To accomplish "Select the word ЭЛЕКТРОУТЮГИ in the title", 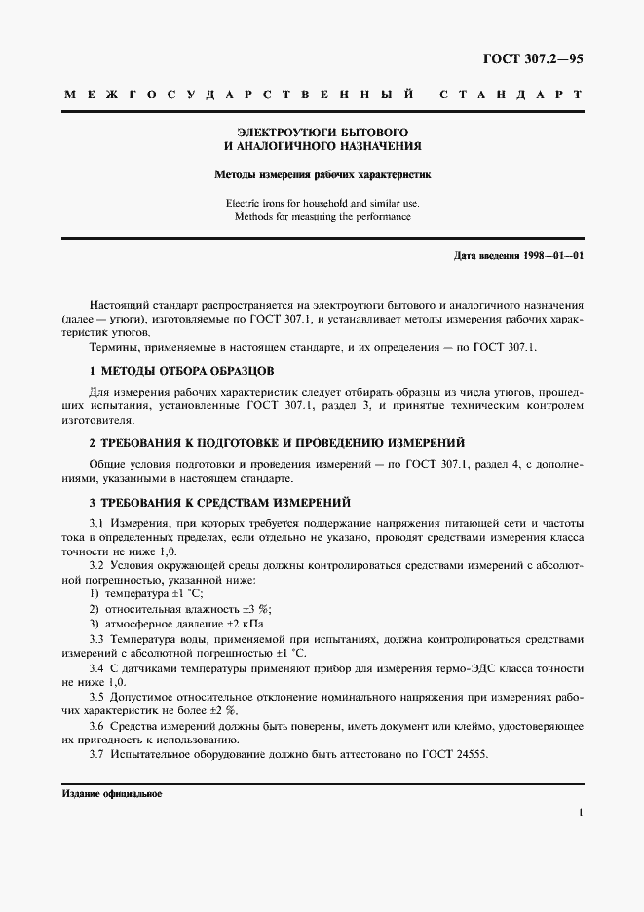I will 281,131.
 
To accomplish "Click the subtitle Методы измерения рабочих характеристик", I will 322,175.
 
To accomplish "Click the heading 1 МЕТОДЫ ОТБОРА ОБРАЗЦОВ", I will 182,371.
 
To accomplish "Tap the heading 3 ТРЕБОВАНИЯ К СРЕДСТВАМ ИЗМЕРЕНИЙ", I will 219,503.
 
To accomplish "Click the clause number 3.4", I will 97,668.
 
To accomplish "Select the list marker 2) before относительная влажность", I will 95,608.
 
